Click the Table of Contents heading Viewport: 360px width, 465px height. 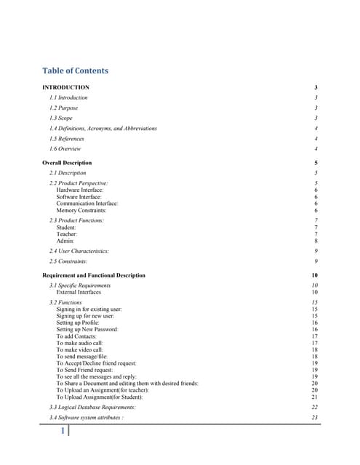(x=76, y=70)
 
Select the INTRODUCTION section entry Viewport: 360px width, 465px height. (x=66, y=87)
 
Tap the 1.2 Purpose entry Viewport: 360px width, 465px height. (x=63, y=108)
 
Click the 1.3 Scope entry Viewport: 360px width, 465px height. (x=60, y=118)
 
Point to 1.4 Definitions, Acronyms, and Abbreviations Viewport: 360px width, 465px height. (x=103, y=128)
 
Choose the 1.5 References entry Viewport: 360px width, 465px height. (x=66, y=138)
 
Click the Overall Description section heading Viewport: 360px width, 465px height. (x=67, y=163)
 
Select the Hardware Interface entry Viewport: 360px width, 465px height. (x=80, y=190)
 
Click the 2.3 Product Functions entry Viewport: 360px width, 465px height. (x=76, y=220)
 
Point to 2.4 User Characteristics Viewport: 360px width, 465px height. (x=79, y=251)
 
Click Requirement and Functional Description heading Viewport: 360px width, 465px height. (x=94, y=275)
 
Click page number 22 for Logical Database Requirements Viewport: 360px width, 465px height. (x=314, y=408)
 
